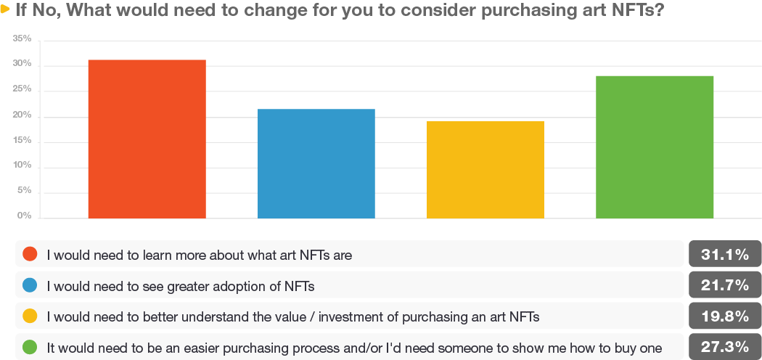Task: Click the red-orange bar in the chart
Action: pyautogui.click(x=147, y=139)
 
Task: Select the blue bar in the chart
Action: pyautogui.click(x=316, y=164)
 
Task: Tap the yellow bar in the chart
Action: pyautogui.click(x=485, y=170)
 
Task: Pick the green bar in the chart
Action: pyautogui.click(x=655, y=147)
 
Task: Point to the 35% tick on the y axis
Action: pyautogui.click(x=22, y=39)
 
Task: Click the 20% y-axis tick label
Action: pyautogui.click(x=22, y=115)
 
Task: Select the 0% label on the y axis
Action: pyautogui.click(x=25, y=216)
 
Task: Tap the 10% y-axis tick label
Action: pyautogui.click(x=22, y=165)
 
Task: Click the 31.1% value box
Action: pyautogui.click(x=725, y=254)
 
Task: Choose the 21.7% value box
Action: pyautogui.click(x=725, y=285)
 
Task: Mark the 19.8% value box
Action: pyautogui.click(x=725, y=316)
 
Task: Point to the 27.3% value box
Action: pyautogui.click(x=725, y=347)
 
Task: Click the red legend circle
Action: pyautogui.click(x=30, y=253)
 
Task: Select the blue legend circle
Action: pyautogui.click(x=30, y=285)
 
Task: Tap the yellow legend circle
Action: pyautogui.click(x=30, y=316)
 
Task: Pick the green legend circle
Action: pyautogui.click(x=30, y=348)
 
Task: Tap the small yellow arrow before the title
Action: pyautogui.click(x=5, y=9)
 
